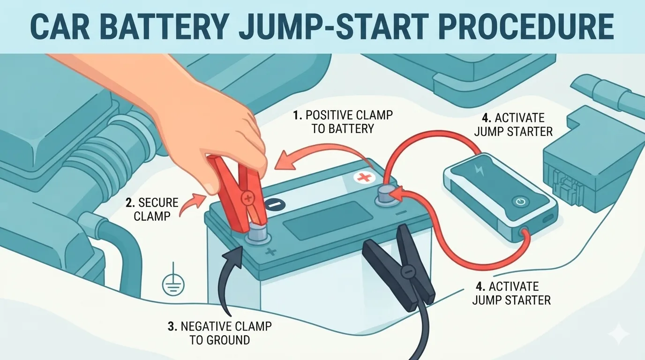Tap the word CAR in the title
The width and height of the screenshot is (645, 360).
(60, 27)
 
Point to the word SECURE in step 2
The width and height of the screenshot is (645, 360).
(158, 203)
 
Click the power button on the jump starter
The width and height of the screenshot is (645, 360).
(520, 202)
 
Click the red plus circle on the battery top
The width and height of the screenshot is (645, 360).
(362, 178)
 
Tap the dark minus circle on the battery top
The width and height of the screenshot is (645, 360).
(275, 205)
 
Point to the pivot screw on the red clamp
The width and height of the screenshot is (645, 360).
(247, 198)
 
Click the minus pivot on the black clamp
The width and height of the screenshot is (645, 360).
(407, 271)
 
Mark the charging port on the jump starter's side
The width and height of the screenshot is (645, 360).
(548, 219)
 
